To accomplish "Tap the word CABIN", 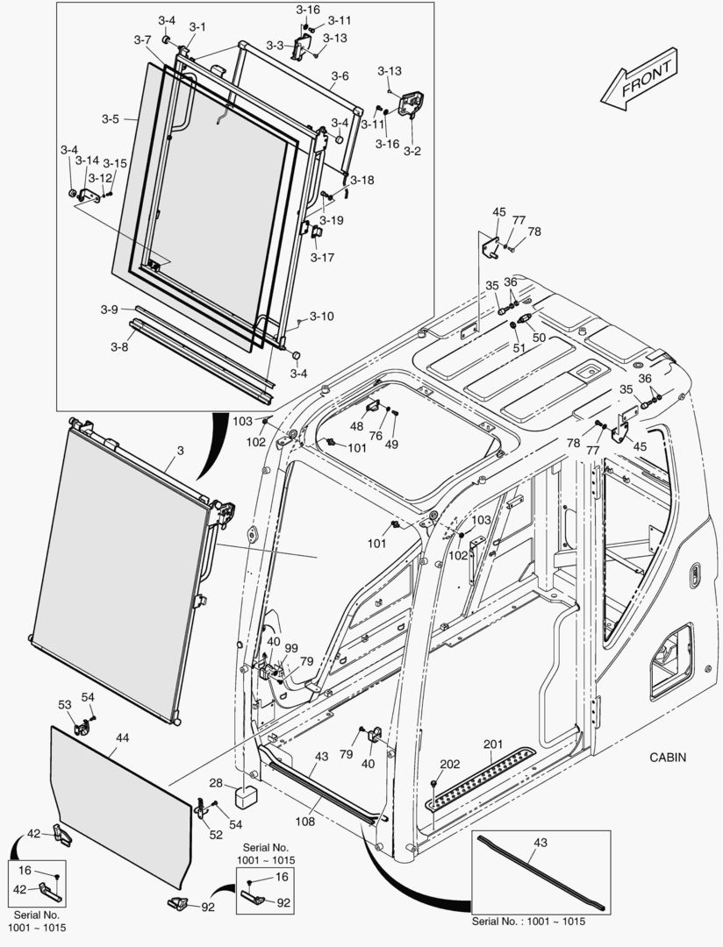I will (x=668, y=757).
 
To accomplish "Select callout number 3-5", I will (x=110, y=118).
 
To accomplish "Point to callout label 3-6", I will (x=340, y=76).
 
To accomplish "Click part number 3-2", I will (x=412, y=151).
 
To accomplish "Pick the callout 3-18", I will (x=361, y=180).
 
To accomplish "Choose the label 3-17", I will (x=322, y=258).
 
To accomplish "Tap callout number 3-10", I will (x=322, y=316).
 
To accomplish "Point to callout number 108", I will (x=304, y=822).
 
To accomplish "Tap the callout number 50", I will (x=539, y=337).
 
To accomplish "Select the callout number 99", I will (x=290, y=648).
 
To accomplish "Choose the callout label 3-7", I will (x=143, y=40).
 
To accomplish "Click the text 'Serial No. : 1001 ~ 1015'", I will (x=528, y=922).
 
